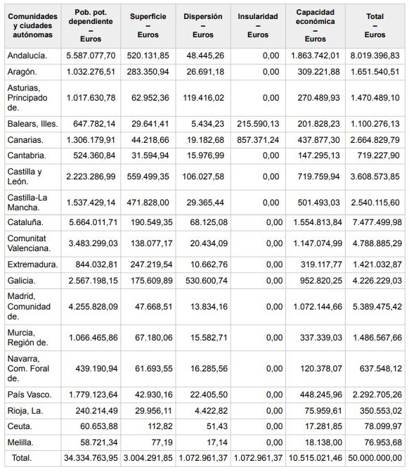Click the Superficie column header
148,25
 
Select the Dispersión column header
203,25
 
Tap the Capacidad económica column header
315,25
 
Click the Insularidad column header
258,25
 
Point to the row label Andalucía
27,56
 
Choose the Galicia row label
21,281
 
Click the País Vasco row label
30,395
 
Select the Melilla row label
20,442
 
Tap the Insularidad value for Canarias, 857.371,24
258,140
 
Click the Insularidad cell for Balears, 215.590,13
258,124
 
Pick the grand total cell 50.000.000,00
375,458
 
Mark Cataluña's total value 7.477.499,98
377,222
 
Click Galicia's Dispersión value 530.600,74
207,281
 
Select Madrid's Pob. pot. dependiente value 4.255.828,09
93,307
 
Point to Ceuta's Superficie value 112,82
160,426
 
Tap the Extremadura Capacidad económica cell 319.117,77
321,264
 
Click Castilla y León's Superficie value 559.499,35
148,177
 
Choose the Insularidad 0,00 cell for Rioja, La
274,411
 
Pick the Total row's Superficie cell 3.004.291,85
148,458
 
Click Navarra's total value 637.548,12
381,369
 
